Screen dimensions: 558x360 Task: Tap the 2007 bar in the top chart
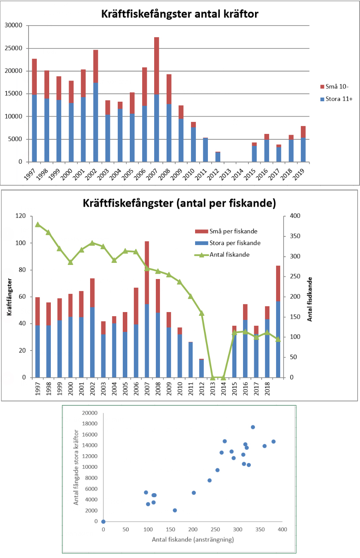[156, 99]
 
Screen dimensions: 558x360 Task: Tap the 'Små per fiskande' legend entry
[231, 231]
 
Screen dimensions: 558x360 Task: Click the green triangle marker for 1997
[38, 224]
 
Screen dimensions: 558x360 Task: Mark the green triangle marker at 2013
[212, 377]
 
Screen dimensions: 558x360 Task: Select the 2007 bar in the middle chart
[147, 309]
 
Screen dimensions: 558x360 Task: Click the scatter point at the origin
[103, 522]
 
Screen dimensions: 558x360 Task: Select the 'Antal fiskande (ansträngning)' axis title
[193, 540]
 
